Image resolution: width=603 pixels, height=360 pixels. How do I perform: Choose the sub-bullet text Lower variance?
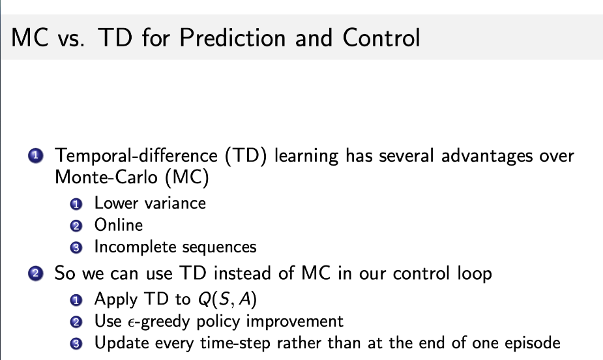pos(150,203)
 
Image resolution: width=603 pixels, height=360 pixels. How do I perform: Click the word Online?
pos(118,225)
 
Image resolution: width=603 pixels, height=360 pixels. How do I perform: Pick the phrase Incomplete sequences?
pos(175,247)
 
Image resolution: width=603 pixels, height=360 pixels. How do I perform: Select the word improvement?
pos(287,322)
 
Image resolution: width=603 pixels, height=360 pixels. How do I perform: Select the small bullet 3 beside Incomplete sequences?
pos(76,248)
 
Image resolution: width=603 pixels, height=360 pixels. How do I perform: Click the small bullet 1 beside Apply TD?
pos(76,300)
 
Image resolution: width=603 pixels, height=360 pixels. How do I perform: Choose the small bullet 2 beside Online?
pos(76,226)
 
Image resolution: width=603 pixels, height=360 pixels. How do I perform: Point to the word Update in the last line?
pos(118,344)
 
